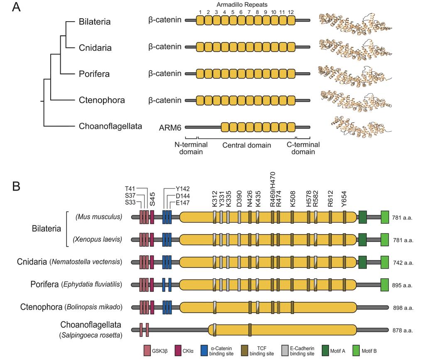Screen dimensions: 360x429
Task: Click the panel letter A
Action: (17, 8)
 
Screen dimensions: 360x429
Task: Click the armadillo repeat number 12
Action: (291, 11)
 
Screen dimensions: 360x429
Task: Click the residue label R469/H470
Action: (272, 189)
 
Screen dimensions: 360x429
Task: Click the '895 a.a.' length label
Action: (402, 285)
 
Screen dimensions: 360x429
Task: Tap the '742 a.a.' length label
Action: (402, 263)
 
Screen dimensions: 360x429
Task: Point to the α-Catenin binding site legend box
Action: (204, 350)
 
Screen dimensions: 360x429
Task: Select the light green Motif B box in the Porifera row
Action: (385, 285)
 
